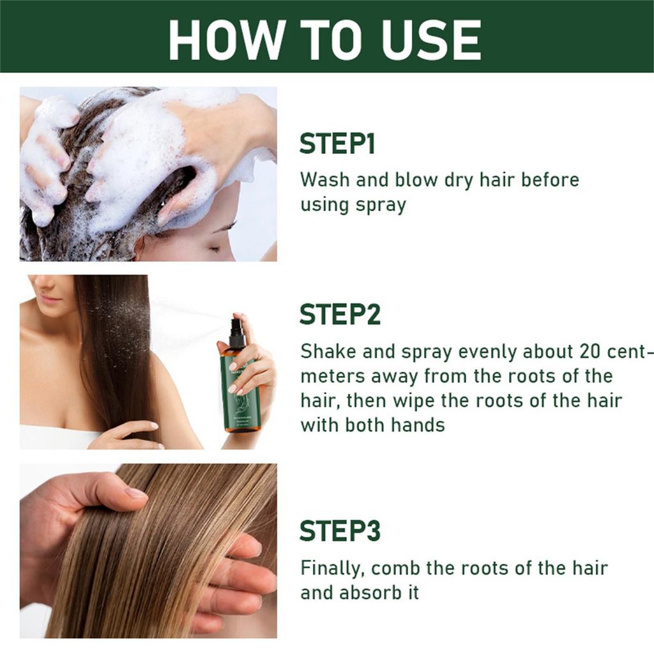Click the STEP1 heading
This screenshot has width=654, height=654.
pos(337,144)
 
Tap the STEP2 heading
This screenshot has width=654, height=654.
pos(340,314)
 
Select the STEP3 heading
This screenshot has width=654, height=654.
pos(340,531)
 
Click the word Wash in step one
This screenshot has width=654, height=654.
pos(326,179)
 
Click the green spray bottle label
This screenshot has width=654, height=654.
pos(241,390)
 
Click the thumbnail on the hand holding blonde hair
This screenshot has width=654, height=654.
pos(135,492)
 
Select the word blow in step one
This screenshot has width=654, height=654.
pos(413,179)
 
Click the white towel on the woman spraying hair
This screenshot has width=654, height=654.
pos(57,437)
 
